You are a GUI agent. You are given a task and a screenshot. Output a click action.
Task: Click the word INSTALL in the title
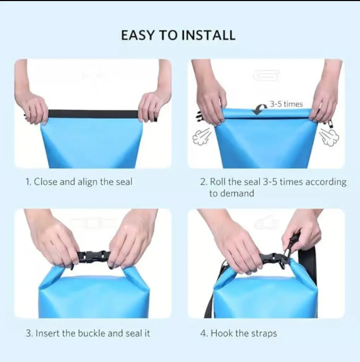tap(208, 35)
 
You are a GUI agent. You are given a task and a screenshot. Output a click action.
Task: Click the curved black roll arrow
tap(260, 109)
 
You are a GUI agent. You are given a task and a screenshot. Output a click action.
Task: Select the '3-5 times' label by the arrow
tap(286, 104)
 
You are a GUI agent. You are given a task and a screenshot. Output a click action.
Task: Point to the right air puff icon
tap(329, 137)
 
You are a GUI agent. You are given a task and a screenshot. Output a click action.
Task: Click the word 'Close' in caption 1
tap(46, 182)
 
